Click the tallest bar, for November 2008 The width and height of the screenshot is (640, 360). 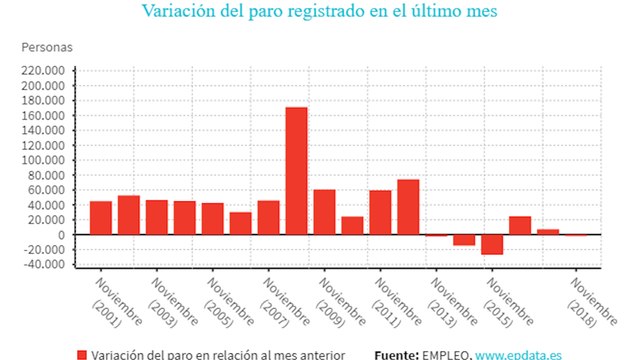click(x=296, y=170)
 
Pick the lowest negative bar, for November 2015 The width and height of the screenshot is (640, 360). click(x=492, y=244)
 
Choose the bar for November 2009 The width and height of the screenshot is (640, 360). click(x=324, y=212)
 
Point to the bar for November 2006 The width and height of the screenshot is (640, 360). click(x=240, y=223)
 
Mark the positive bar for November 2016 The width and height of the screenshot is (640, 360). click(x=520, y=225)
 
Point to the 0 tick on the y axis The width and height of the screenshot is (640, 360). click(x=61, y=235)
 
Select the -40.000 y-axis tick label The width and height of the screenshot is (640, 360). click(x=45, y=265)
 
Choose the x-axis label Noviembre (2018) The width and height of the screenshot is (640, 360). click(x=580, y=299)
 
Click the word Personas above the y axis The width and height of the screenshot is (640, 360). click(x=46, y=47)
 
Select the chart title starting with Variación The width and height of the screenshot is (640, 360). click(x=319, y=13)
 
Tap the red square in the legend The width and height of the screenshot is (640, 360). click(x=81, y=354)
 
